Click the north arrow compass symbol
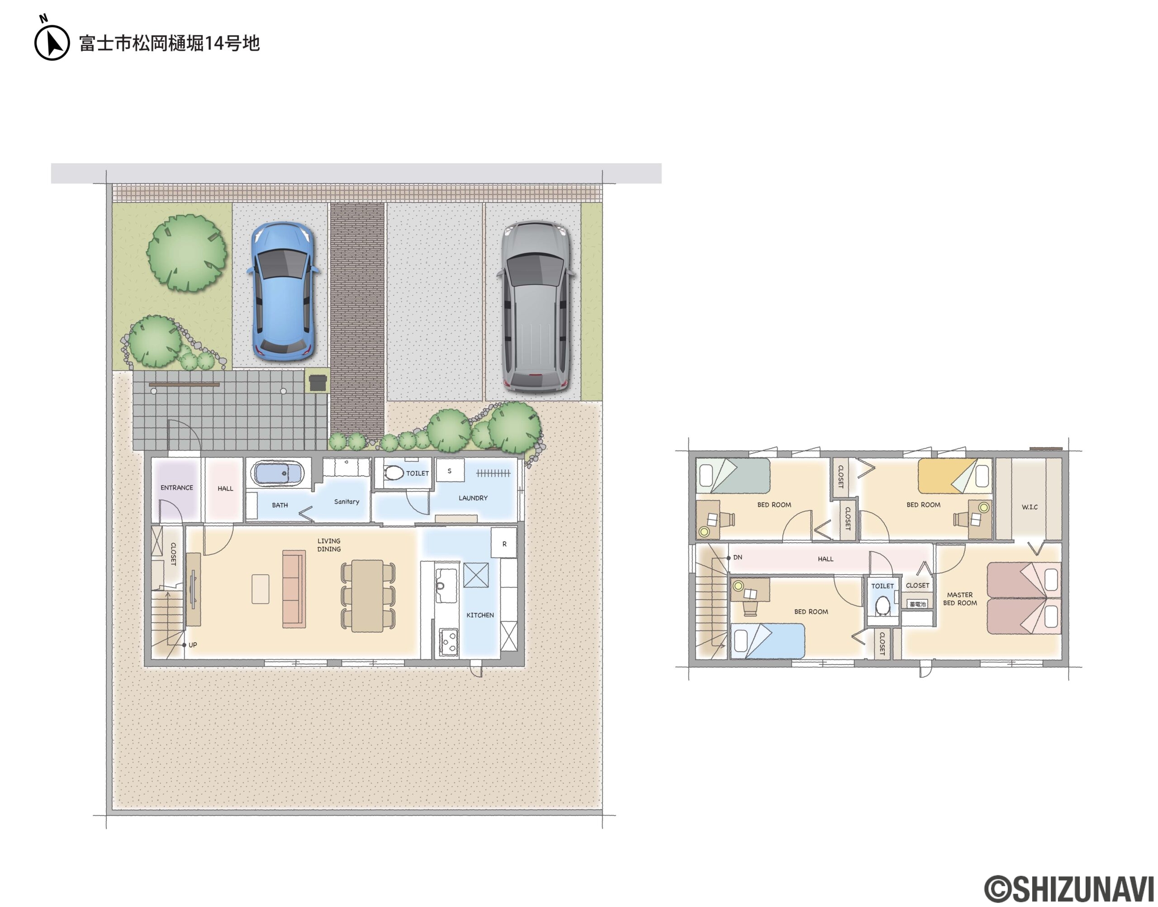coord(52,42)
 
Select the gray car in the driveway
coord(536,306)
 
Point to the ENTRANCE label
coord(177,487)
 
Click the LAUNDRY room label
coord(473,498)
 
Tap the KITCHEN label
coord(480,615)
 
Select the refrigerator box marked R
coord(503,542)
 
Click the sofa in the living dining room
coord(294,589)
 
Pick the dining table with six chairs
coord(368,596)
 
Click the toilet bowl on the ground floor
coord(394,473)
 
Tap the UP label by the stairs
coord(193,644)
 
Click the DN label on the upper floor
coord(738,557)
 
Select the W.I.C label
coord(1030,507)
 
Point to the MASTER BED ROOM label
coord(960,599)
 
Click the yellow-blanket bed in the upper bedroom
coord(954,476)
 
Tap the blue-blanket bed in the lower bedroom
coord(767,641)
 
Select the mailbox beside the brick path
coord(318,382)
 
